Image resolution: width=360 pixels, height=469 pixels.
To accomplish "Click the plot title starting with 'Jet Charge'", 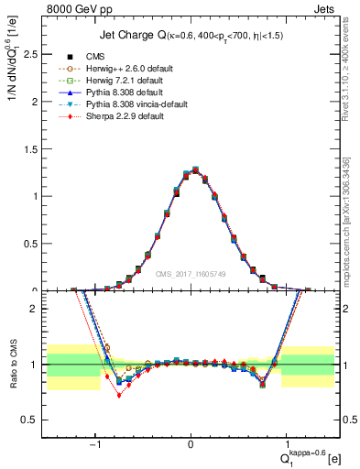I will point(191,36).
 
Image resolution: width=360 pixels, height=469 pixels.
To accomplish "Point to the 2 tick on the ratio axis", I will point(36,309).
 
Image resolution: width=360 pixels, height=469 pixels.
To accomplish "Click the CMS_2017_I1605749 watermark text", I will point(191,273).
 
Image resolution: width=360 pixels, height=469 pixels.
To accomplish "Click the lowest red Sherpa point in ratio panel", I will point(118,396).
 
